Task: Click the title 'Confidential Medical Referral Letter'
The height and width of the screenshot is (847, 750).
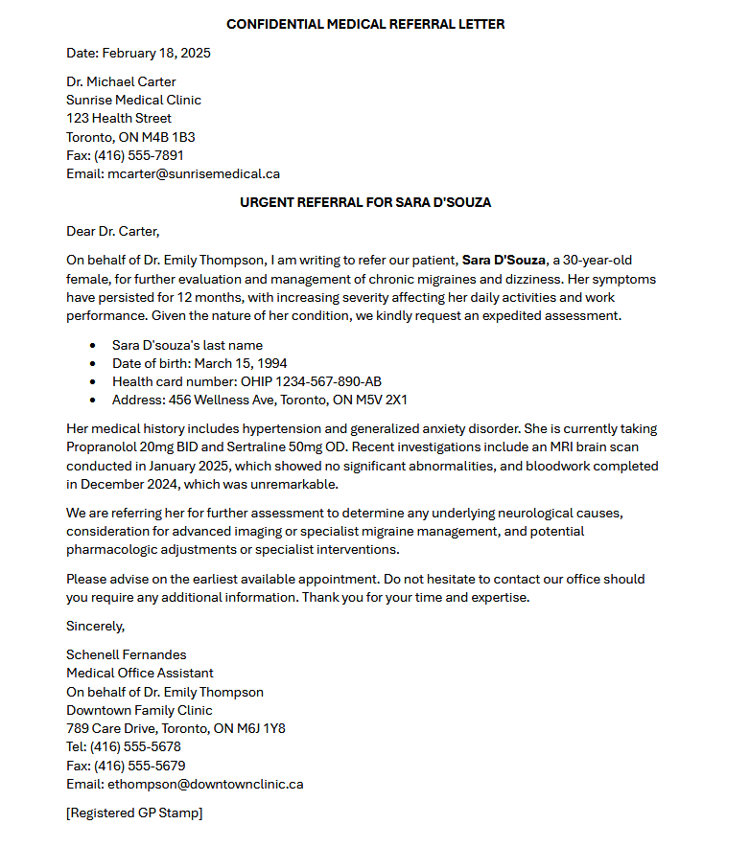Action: pos(365,24)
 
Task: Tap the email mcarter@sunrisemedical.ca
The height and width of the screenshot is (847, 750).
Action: pos(194,173)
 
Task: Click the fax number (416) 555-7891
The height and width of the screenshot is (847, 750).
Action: pos(139,155)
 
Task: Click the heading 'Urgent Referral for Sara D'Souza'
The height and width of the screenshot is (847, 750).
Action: pos(365,202)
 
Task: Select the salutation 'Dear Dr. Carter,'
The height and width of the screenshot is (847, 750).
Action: pos(112,231)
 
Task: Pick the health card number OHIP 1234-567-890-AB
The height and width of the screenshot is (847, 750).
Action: pos(311,381)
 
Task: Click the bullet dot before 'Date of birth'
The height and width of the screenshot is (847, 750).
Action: pos(92,364)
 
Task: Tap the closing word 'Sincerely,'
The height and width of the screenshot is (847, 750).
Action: pos(96,626)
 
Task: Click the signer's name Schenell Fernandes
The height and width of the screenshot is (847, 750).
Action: pos(126,654)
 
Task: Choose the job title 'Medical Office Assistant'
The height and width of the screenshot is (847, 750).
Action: pos(140,673)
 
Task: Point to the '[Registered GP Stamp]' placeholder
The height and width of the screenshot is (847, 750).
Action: pos(134,813)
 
